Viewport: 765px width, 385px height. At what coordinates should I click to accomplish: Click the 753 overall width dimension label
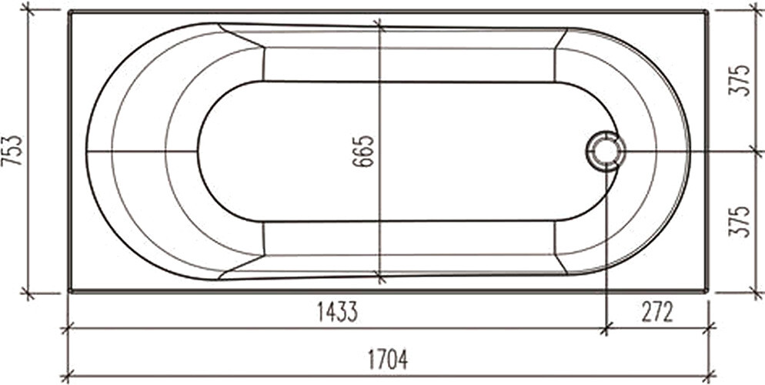[x=13, y=151]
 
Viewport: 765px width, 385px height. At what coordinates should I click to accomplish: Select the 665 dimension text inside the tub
[x=365, y=151]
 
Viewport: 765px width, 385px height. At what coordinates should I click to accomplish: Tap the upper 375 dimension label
[x=740, y=80]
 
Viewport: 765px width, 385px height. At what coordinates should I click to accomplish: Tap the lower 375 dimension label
[x=740, y=222]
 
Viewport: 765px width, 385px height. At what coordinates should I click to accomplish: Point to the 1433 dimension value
[x=337, y=312]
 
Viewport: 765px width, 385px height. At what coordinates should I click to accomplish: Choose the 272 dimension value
[x=656, y=312]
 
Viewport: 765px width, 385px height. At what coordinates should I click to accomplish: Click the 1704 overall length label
[x=387, y=359]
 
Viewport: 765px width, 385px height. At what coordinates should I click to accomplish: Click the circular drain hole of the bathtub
[x=606, y=151]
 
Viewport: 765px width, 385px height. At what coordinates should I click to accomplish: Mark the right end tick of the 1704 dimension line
[x=709, y=377]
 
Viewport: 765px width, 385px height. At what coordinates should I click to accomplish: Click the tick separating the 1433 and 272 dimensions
[x=606, y=329]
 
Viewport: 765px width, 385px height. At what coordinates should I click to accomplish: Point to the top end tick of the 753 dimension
[x=28, y=10]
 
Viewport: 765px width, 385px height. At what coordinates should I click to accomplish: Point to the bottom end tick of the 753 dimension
[x=28, y=293]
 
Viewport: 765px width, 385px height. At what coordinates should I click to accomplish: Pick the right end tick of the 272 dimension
[x=709, y=329]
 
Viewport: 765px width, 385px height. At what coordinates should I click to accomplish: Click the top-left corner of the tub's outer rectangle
[x=69, y=12]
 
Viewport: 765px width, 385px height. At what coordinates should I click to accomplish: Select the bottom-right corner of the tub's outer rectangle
[x=707, y=291]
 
